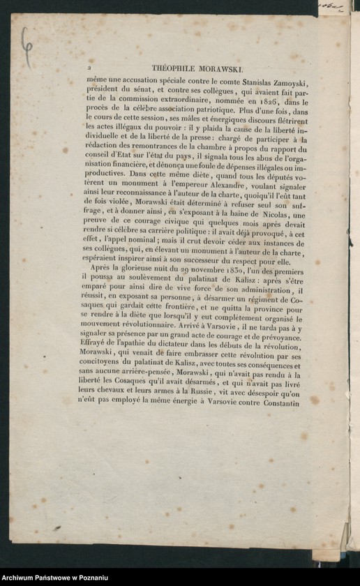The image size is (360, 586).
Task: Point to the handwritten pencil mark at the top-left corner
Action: click(x=26, y=46)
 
